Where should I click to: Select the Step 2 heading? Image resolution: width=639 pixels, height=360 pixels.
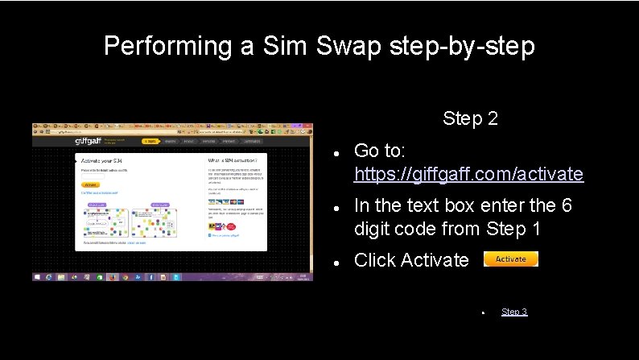(470, 119)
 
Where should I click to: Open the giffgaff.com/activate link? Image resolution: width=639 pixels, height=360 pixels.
(468, 173)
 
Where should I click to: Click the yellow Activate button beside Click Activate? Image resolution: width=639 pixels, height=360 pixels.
(510, 259)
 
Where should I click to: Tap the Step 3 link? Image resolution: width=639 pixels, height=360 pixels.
(513, 312)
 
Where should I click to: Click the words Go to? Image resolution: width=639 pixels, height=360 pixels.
(380, 151)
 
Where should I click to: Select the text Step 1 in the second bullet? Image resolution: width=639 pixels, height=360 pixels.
(513, 229)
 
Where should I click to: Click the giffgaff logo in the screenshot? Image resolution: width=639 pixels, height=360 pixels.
(89, 141)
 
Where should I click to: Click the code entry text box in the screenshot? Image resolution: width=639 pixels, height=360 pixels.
(105, 176)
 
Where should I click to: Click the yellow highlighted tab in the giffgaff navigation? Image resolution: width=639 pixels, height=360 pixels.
(149, 141)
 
